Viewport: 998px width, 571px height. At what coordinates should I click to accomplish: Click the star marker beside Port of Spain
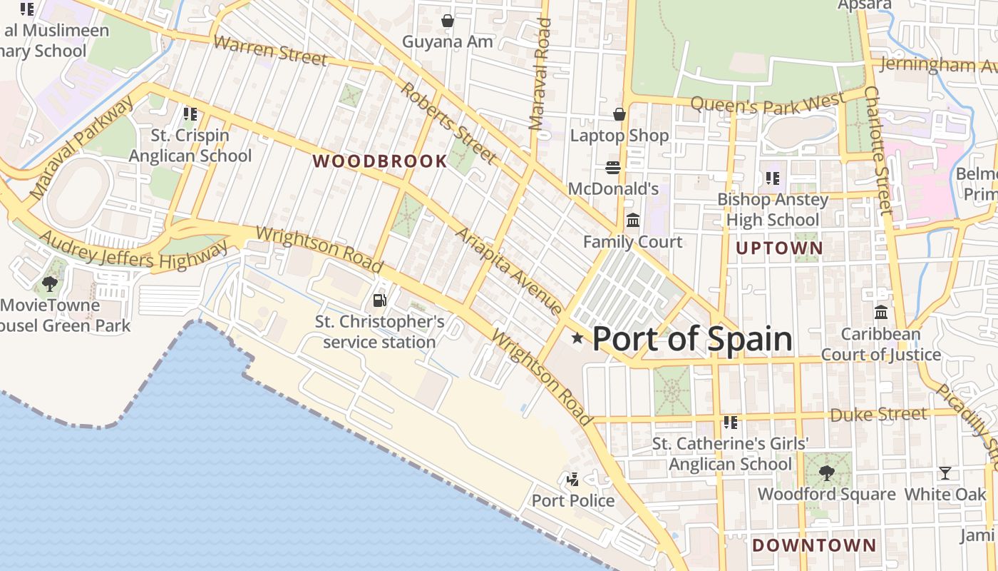(577, 338)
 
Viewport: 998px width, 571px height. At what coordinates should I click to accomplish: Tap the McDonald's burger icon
(613, 168)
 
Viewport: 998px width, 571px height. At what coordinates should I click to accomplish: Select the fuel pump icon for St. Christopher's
(380, 301)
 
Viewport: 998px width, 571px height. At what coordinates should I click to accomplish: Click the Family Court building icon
(632, 221)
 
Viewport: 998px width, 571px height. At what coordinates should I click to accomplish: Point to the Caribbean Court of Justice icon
(881, 313)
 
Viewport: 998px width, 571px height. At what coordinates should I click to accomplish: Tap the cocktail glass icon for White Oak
(945, 473)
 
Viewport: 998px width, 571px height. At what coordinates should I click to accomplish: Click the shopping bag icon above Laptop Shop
(619, 114)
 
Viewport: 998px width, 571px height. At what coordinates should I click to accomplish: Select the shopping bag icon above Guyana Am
(447, 21)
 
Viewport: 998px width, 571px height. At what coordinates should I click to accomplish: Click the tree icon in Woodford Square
(827, 473)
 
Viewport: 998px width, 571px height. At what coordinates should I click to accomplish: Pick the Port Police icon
(572, 480)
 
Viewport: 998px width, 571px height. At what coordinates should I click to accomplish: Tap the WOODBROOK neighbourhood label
(380, 161)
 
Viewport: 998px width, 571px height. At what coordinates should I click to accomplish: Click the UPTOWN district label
(779, 248)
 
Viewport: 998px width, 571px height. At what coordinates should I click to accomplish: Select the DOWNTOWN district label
(814, 545)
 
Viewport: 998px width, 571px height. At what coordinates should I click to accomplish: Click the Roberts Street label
(448, 121)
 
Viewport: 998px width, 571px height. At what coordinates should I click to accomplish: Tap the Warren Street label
(270, 50)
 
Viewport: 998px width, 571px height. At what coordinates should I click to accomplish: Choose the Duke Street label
(878, 415)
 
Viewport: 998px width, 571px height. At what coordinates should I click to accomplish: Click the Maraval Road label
(540, 74)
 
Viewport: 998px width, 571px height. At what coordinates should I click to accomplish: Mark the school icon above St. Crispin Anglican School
(190, 114)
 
